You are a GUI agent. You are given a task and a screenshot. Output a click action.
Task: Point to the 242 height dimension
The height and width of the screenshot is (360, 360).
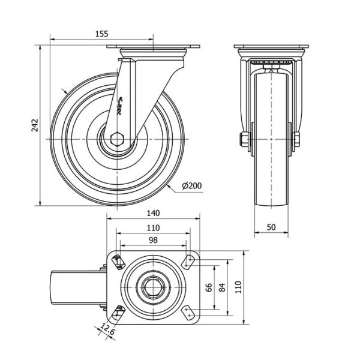pos(35,125)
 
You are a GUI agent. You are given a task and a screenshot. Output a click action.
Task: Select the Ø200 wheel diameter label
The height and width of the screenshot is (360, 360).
pos(190,185)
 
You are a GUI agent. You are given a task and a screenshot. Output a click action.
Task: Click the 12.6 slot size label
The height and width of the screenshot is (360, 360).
pos(107,329)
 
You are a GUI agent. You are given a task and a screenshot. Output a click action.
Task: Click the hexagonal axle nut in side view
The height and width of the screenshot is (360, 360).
pos(118,139)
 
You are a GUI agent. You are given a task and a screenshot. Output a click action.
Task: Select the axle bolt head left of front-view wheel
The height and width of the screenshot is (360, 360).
pos(245,140)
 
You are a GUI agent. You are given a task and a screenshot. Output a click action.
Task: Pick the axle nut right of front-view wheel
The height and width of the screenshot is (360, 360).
pos(296,140)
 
